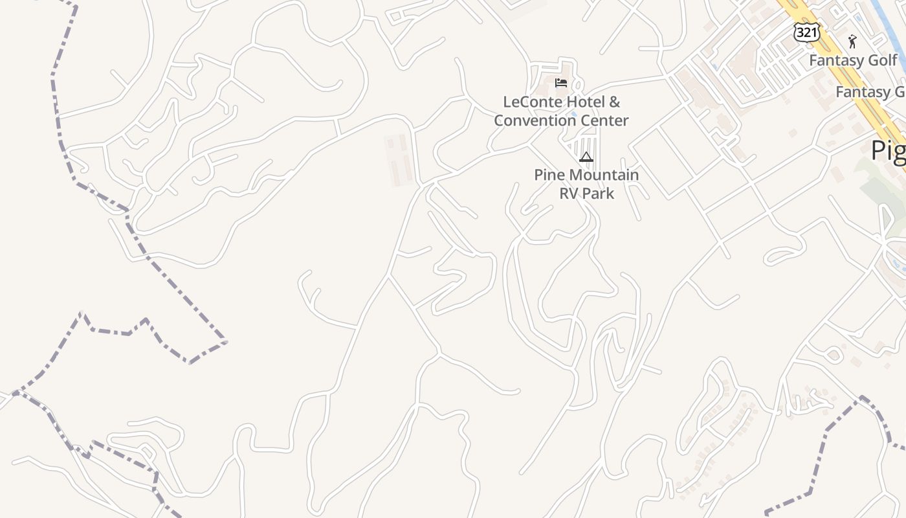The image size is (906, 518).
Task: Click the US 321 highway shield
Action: click(x=806, y=31)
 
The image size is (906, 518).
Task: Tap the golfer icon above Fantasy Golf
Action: click(x=852, y=42)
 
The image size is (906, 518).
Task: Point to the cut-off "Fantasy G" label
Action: click(x=870, y=92)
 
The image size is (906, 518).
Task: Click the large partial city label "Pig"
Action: click(x=888, y=150)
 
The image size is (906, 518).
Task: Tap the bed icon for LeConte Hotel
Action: click(x=560, y=83)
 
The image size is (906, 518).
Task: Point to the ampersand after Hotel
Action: click(x=615, y=102)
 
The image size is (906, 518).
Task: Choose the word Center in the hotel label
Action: click(x=604, y=120)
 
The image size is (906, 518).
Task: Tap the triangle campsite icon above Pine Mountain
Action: click(x=586, y=157)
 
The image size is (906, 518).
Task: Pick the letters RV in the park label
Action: click(x=569, y=193)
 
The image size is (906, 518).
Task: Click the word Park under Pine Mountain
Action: click(x=599, y=193)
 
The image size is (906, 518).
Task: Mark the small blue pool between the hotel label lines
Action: click(x=573, y=113)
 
